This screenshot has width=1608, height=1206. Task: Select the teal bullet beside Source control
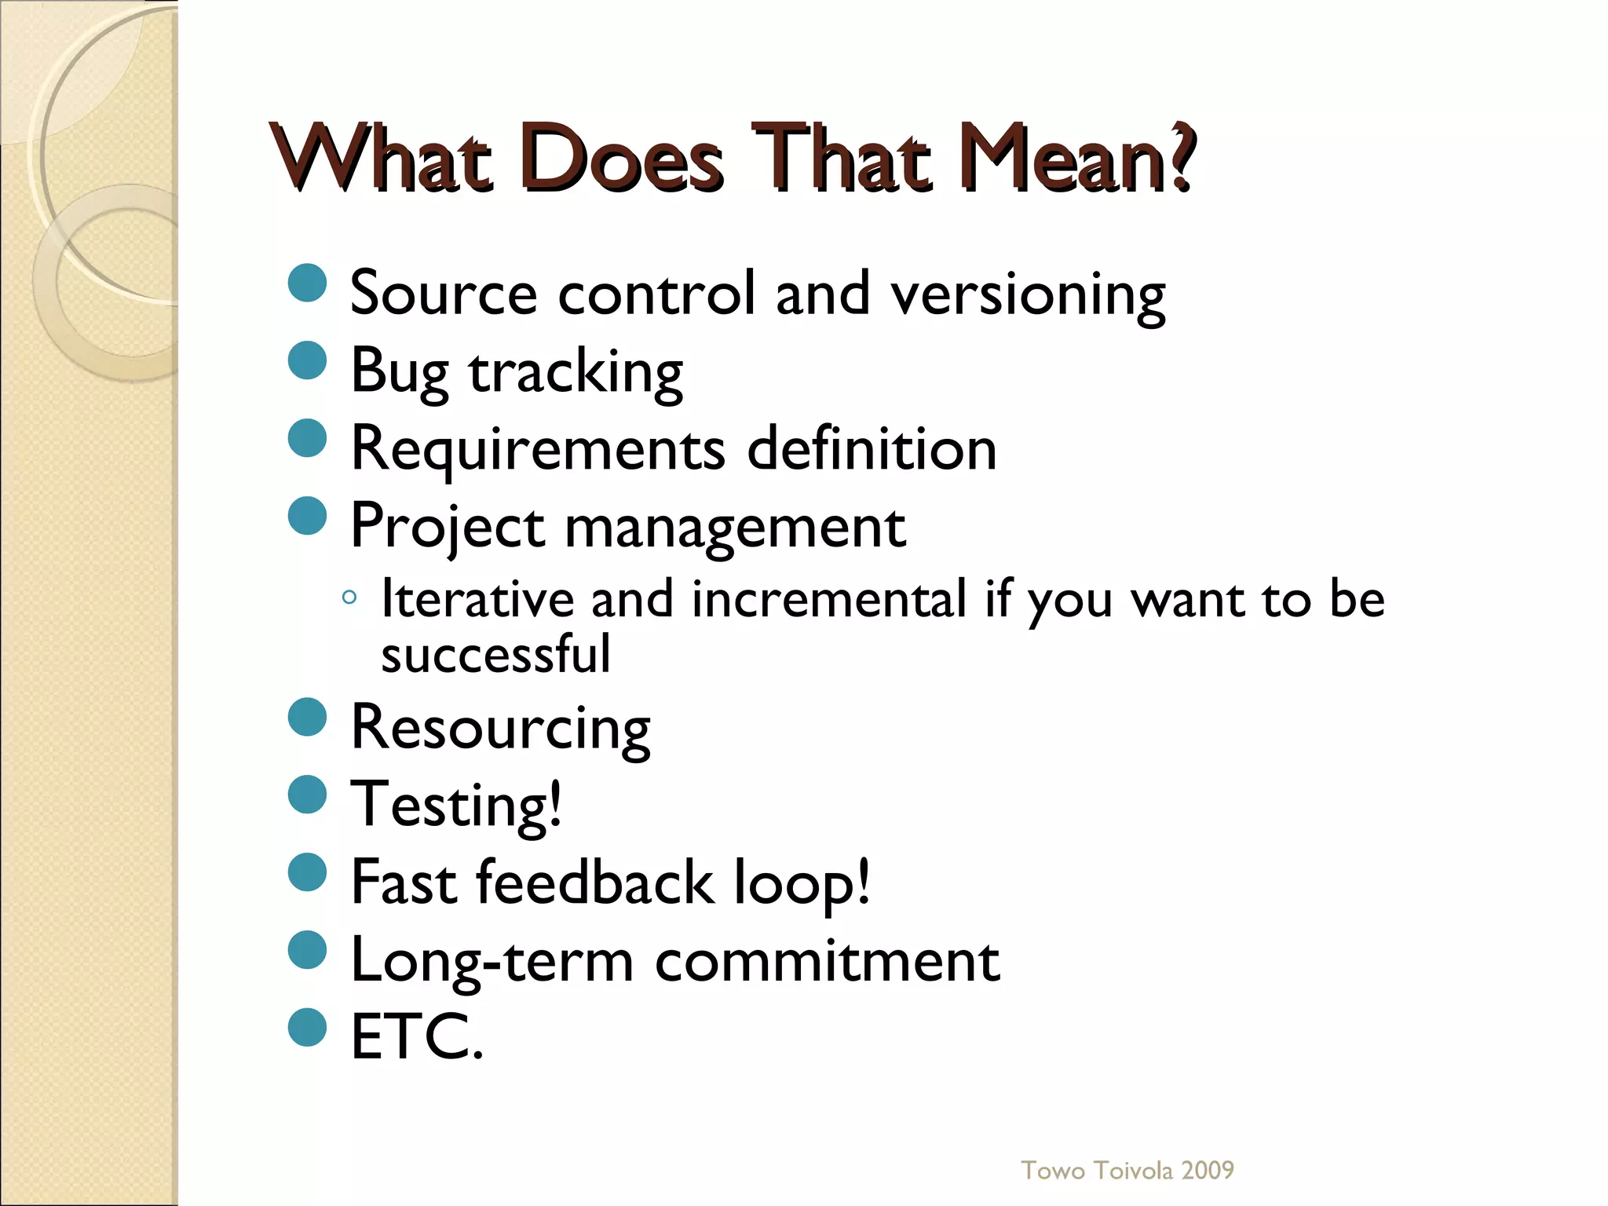click(308, 283)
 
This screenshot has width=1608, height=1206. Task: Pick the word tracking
click(576, 372)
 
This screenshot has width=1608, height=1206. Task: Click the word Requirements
click(538, 449)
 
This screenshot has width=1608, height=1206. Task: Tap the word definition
click(872, 449)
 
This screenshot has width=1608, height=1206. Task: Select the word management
click(735, 527)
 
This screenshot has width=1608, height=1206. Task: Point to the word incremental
click(829, 600)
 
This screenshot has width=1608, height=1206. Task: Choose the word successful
click(495, 655)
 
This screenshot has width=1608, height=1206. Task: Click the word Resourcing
click(501, 728)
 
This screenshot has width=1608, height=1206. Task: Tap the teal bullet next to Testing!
click(308, 795)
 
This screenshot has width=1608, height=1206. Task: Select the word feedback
click(595, 883)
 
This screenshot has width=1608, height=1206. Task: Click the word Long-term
click(492, 961)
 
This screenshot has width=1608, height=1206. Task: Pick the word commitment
click(828, 961)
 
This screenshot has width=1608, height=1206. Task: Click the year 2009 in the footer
click(1208, 1171)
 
